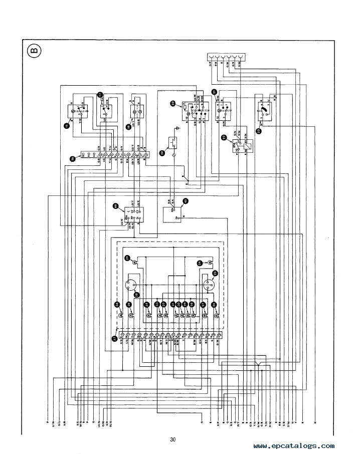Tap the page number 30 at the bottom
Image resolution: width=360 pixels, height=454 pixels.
[173, 439]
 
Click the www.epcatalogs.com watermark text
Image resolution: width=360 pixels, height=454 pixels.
[294, 445]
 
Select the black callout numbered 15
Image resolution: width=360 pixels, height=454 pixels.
[67, 126]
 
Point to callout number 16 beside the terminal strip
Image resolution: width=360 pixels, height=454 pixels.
[72, 159]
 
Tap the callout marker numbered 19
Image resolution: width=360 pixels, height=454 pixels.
[162, 154]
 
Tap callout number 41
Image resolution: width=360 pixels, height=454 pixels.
[186, 201]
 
